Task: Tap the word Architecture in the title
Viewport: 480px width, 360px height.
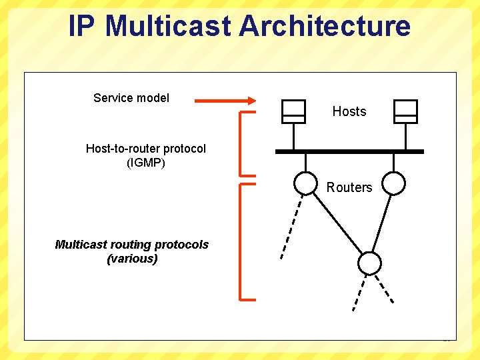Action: (x=324, y=26)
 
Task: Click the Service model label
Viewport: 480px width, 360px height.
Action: (x=131, y=98)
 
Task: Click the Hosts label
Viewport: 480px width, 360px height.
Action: (x=349, y=111)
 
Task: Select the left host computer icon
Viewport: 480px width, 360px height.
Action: (x=293, y=111)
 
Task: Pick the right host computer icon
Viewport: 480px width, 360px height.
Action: (x=405, y=111)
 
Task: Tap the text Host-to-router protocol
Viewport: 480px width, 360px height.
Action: (x=146, y=149)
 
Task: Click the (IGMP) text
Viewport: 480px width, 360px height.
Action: (x=146, y=162)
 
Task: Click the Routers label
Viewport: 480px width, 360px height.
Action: (x=349, y=187)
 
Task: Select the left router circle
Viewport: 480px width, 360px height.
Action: (x=306, y=183)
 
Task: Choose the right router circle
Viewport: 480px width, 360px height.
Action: (x=394, y=183)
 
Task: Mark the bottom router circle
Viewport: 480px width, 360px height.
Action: (x=369, y=263)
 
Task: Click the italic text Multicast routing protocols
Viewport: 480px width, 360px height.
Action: (x=131, y=245)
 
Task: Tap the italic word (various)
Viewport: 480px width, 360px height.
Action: (x=132, y=259)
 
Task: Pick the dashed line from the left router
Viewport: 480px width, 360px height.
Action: (x=291, y=227)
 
